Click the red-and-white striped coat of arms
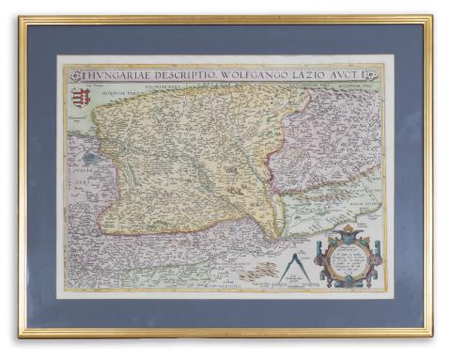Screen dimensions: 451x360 click(81, 95)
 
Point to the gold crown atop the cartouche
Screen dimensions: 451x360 click(349, 228)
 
